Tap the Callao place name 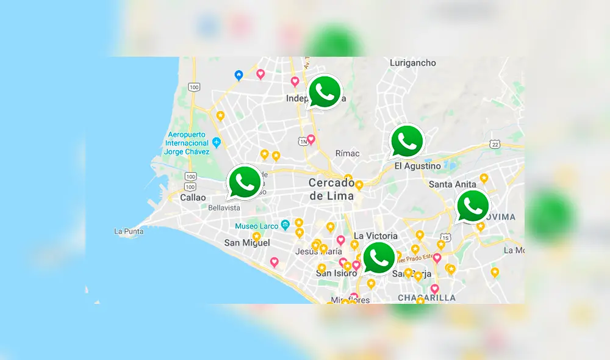(x=193, y=198)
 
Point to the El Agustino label (x=417, y=166)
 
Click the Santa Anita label (x=453, y=184)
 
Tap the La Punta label (x=129, y=231)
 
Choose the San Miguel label (x=247, y=243)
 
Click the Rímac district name (x=347, y=153)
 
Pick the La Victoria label (x=376, y=236)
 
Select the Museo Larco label (x=257, y=226)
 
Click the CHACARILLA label (x=426, y=298)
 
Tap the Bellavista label (x=224, y=208)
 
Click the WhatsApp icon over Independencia (x=325, y=92)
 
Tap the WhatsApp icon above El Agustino (x=406, y=142)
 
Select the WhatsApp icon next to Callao (x=245, y=182)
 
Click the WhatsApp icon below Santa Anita (x=472, y=206)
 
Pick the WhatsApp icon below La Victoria (x=379, y=258)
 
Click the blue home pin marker (x=239, y=75)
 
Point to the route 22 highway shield (x=494, y=143)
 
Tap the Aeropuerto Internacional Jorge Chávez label (x=187, y=143)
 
